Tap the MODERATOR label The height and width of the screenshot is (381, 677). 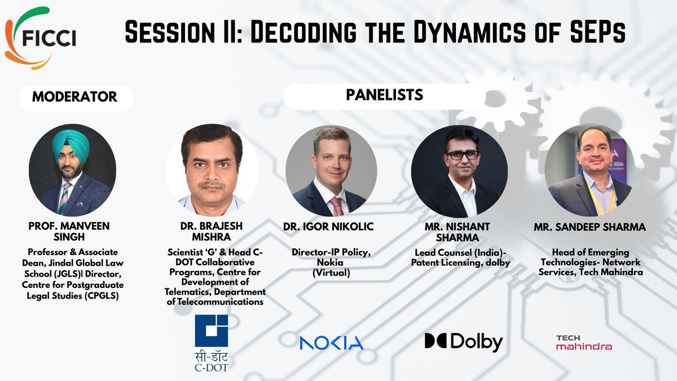pyautogui.click(x=74, y=97)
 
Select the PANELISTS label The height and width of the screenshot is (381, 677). pyautogui.click(x=384, y=95)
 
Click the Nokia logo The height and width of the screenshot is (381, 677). pyautogui.click(x=332, y=342)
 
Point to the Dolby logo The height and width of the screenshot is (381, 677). pyautogui.click(x=463, y=341)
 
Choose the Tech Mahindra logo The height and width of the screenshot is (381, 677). pyautogui.click(x=583, y=342)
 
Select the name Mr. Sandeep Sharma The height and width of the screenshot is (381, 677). pyautogui.click(x=590, y=227)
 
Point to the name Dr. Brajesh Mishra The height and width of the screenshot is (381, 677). pyautogui.click(x=208, y=232)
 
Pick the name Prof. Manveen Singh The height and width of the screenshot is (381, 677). pyautogui.click(x=69, y=232)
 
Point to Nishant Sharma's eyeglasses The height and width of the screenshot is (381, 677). pyautogui.click(x=462, y=155)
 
